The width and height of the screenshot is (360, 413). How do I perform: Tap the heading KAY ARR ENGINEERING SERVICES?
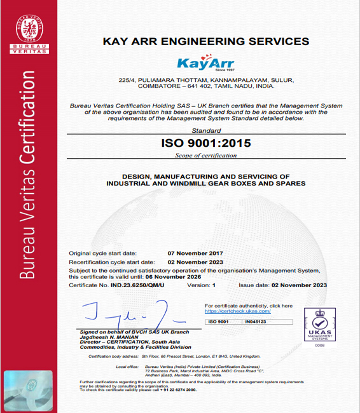point(206,41)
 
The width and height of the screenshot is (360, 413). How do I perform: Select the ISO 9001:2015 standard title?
point(206,143)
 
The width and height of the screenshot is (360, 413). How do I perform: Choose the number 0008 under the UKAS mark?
point(319,346)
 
